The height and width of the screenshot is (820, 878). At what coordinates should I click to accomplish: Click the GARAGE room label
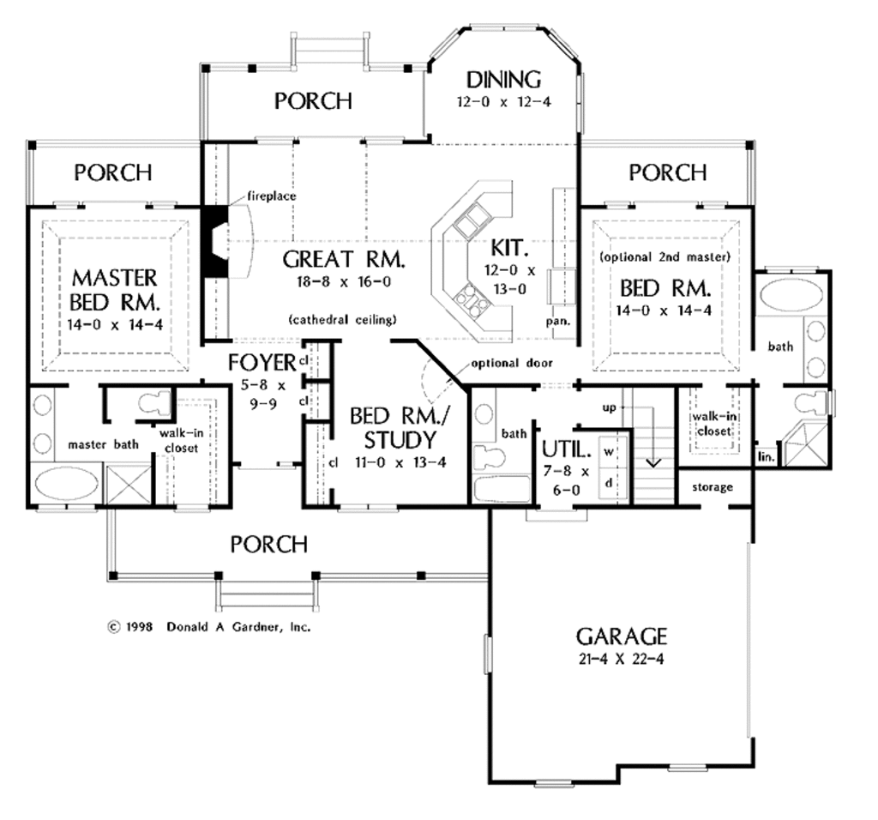pyautogui.click(x=621, y=636)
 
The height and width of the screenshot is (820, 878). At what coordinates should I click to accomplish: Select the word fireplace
pyautogui.click(x=272, y=196)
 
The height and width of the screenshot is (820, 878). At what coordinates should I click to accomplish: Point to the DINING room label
pyautogui.click(x=503, y=80)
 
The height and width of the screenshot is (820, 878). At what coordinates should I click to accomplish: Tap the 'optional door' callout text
pyautogui.click(x=506, y=363)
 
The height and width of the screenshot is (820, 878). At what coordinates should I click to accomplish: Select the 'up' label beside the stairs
pyautogui.click(x=609, y=407)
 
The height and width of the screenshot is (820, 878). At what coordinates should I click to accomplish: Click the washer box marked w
pyautogui.click(x=610, y=450)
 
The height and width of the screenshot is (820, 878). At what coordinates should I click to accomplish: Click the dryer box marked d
pyautogui.click(x=610, y=482)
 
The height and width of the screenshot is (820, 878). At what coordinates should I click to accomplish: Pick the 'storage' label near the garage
pyautogui.click(x=712, y=487)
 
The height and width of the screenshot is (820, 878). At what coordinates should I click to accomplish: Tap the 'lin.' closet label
pyautogui.click(x=766, y=459)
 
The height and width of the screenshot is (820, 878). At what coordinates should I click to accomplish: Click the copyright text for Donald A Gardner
pyautogui.click(x=208, y=627)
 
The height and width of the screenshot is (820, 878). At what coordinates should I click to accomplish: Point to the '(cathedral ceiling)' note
pyautogui.click(x=343, y=320)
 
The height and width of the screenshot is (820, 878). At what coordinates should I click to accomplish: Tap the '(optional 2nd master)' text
pyautogui.click(x=665, y=256)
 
